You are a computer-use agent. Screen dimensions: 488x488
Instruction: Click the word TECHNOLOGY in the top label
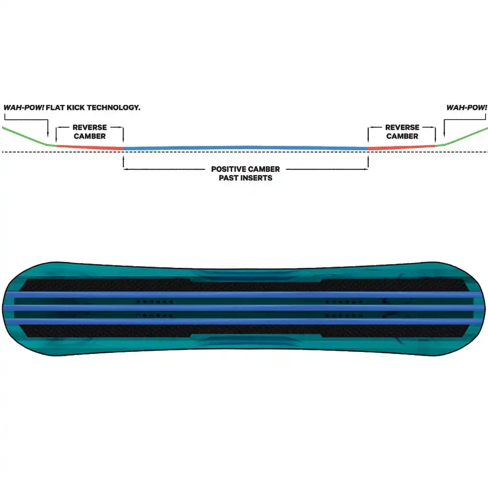coord(113,108)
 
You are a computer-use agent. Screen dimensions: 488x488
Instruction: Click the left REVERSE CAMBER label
coord(90,132)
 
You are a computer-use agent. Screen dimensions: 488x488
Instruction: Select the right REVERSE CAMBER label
coord(402,132)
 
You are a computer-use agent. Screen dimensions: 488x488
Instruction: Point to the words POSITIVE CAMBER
coord(245,169)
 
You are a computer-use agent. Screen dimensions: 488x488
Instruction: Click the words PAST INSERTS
coord(245,178)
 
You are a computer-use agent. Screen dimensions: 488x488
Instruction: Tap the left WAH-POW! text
coord(23,108)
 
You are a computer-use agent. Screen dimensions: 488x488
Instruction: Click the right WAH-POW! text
coord(467,108)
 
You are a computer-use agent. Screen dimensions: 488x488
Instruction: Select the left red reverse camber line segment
coord(90,147)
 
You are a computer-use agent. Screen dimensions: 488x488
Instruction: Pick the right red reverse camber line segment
coord(402,147)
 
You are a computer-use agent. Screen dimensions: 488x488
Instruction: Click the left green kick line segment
coord(29,136)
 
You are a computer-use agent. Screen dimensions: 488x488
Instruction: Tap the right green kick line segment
coord(462,136)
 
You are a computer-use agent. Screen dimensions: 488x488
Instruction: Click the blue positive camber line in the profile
coord(245,148)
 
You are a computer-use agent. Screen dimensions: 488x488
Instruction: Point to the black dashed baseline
coord(244,152)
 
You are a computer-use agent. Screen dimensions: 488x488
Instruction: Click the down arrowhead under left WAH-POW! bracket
coord(48,135)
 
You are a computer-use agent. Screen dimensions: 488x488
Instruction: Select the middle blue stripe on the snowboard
coord(244,308)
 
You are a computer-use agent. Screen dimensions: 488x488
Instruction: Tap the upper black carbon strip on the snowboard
coord(244,285)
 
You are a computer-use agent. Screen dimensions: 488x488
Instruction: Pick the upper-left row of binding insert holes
coord(155,302)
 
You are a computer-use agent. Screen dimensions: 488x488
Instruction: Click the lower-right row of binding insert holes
coord(344,316)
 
